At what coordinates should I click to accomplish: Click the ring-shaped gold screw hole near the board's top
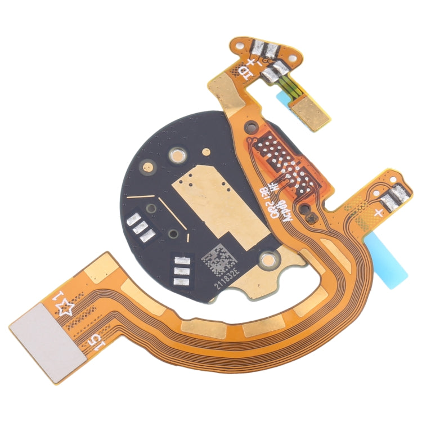tap(177, 152)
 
